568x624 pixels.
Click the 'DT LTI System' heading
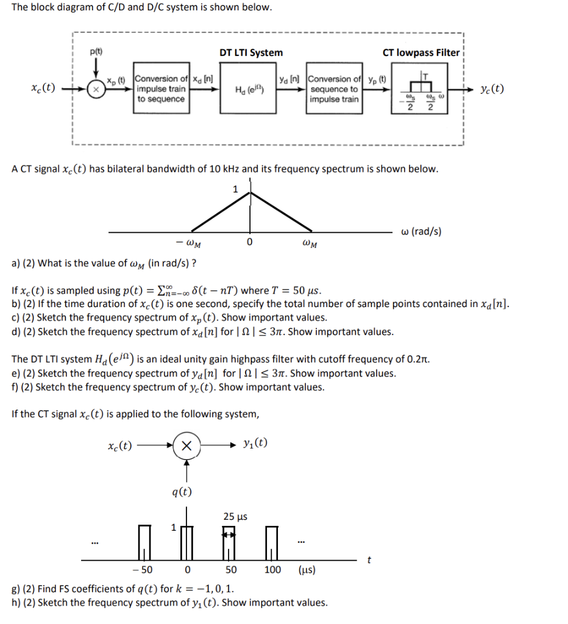tap(250, 53)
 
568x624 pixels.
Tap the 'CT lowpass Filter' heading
tap(421, 53)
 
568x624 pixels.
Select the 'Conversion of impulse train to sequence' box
tap(161, 89)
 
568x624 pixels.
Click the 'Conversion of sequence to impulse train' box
tap(335, 89)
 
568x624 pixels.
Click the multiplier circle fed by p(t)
tap(96, 89)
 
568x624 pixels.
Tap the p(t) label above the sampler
tap(96, 52)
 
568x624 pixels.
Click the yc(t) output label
tap(492, 88)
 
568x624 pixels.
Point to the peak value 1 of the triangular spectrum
tap(235, 189)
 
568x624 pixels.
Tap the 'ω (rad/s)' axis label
tap(421, 231)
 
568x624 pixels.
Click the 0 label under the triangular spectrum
tap(249, 244)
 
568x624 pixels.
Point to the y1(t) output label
tap(255, 443)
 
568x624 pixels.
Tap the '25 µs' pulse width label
tap(235, 517)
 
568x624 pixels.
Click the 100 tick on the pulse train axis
tap(272, 570)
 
